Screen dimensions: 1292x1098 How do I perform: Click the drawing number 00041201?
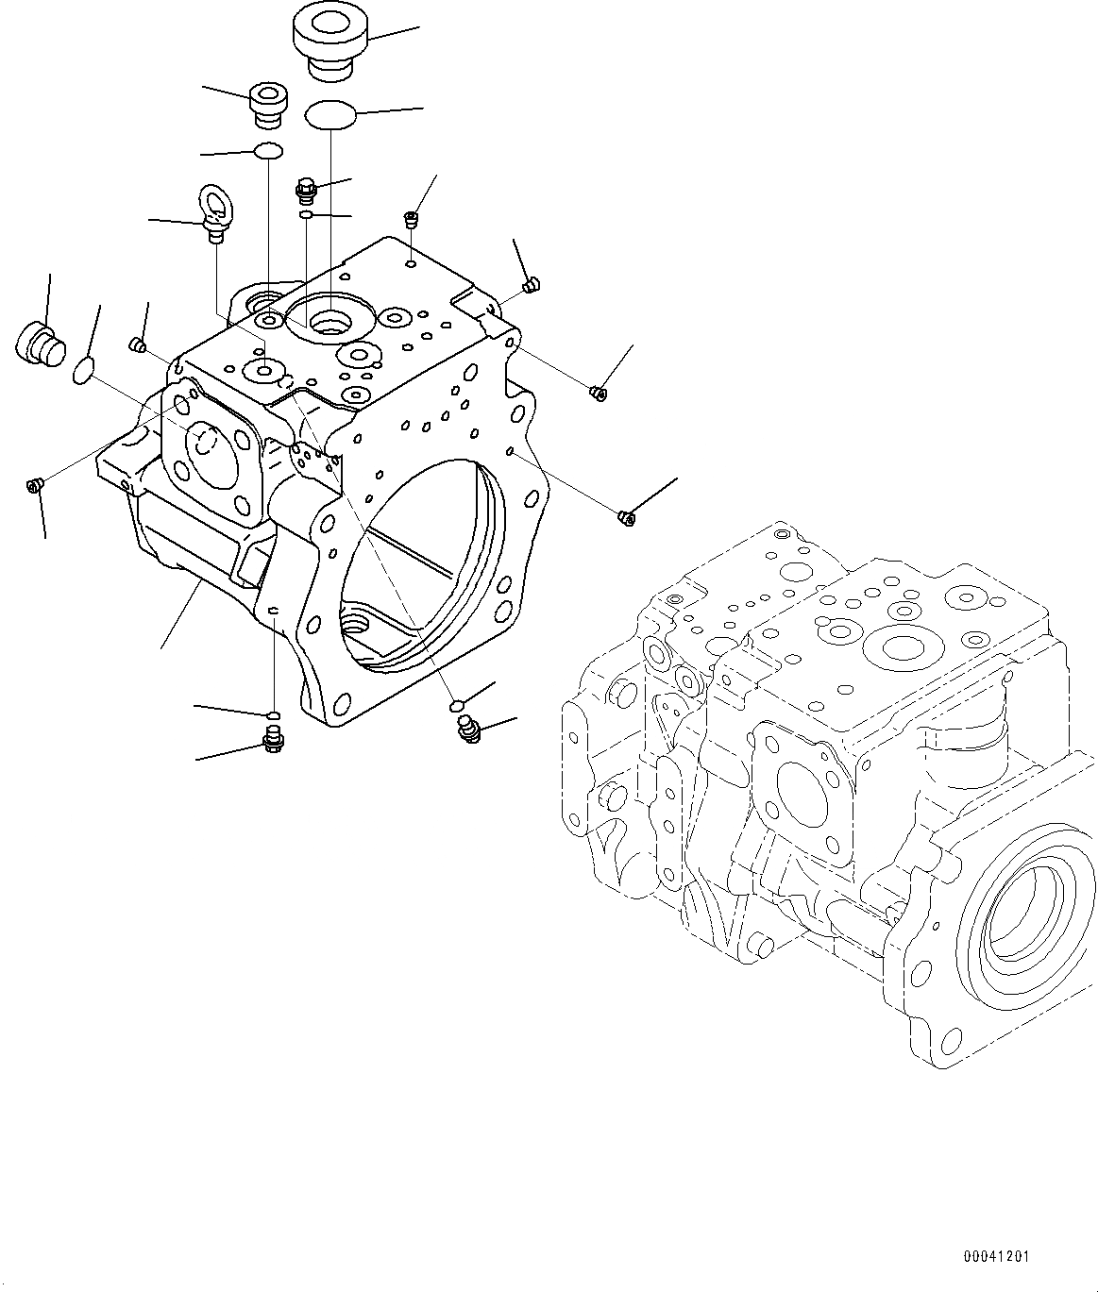click(997, 1257)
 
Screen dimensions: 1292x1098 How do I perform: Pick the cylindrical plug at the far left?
click(40, 344)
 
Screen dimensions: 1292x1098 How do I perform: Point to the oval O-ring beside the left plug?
click(84, 371)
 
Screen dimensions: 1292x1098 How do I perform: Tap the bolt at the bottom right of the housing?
click(468, 728)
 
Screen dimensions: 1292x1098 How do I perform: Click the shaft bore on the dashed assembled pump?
click(1030, 915)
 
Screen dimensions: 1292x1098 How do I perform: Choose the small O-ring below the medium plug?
click(268, 151)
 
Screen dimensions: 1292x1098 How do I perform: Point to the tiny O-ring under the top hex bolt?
click(307, 216)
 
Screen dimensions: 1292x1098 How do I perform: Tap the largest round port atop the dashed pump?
click(903, 646)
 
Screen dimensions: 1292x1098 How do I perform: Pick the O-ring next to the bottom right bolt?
click(456, 706)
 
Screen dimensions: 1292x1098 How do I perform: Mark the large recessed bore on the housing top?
click(329, 323)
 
